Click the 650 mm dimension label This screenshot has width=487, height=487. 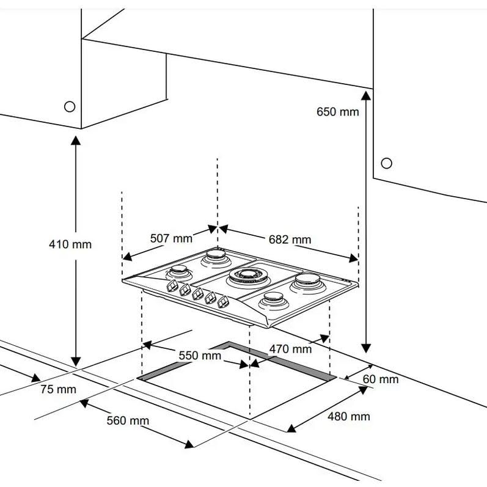click(337, 112)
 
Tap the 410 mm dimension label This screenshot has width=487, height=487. click(70, 244)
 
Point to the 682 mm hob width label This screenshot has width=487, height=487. click(290, 239)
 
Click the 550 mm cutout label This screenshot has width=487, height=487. click(200, 355)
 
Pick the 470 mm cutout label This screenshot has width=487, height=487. click(290, 349)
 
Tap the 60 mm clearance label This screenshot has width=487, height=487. click(380, 379)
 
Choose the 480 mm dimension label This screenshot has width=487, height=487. click(349, 417)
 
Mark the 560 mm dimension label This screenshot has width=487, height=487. click(128, 420)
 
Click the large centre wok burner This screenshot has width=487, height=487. click(249, 278)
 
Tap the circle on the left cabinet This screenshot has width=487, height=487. click(70, 106)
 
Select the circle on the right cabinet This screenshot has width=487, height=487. click(386, 163)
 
